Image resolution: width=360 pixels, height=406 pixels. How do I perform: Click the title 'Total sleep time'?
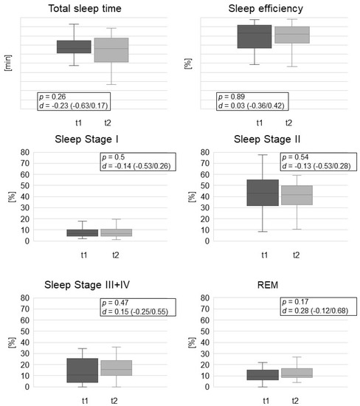85,9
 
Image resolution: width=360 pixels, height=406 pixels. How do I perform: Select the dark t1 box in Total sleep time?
74,47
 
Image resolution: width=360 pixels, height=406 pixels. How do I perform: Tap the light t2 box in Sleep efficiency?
292,35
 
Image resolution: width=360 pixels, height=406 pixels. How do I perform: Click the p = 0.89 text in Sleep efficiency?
232,97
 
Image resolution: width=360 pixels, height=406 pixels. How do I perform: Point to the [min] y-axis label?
8,63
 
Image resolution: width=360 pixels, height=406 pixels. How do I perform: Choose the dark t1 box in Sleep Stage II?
263,193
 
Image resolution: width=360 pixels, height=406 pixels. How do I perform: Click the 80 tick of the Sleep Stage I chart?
25,152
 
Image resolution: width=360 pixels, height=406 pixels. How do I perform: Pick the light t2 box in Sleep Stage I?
117,233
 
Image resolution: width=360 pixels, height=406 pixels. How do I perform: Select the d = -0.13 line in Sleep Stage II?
316,166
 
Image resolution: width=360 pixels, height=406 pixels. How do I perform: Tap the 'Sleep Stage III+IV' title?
87,285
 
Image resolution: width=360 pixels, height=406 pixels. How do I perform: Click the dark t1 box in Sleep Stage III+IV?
83,371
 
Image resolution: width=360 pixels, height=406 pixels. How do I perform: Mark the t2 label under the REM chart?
295,401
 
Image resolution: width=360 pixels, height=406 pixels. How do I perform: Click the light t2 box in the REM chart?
297,373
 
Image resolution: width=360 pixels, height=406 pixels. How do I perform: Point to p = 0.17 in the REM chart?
295,302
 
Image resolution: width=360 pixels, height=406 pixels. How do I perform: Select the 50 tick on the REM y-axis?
205,331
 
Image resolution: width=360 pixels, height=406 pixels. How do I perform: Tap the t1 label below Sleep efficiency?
260,123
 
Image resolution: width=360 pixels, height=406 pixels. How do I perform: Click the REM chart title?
268,285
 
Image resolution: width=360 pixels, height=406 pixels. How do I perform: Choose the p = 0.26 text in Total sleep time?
52,97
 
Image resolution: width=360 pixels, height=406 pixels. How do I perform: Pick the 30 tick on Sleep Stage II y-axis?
205,207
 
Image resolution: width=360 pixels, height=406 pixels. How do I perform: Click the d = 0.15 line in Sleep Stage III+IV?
135,312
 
